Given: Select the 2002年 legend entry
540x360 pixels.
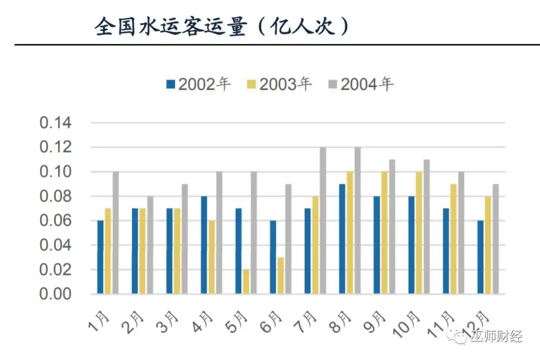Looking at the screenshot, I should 198,84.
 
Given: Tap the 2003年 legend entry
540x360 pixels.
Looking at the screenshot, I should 279,84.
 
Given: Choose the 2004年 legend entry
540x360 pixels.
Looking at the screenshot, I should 360,84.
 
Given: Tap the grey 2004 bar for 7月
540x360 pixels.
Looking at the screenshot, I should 322,220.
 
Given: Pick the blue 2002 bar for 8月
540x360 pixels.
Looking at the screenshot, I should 342,239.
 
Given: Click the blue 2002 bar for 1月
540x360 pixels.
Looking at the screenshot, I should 100,257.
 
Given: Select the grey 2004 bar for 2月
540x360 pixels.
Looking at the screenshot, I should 150,245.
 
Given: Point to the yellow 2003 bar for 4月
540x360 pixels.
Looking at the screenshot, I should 211,257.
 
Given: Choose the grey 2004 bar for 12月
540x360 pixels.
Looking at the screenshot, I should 495,239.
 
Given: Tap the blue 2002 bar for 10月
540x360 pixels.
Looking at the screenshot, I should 411,245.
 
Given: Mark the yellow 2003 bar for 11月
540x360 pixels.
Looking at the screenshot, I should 453,239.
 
